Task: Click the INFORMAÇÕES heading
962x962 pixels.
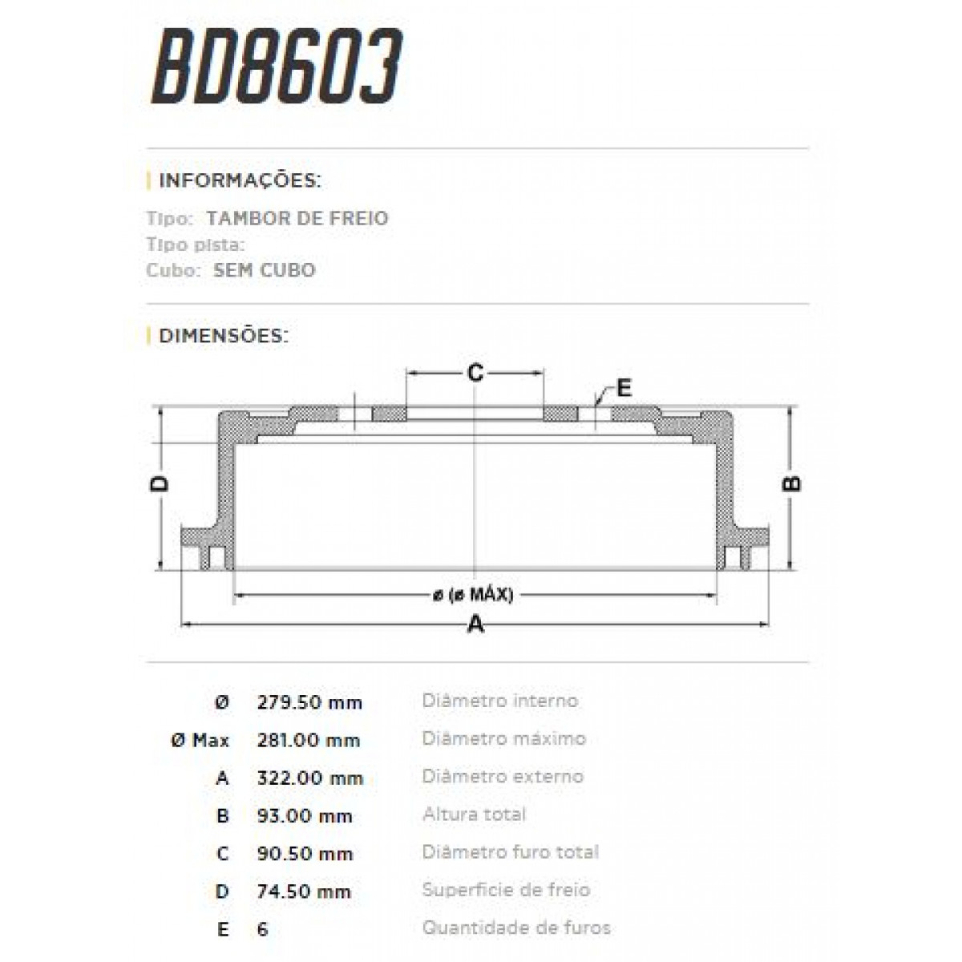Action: click(x=240, y=180)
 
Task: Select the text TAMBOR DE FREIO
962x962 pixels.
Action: click(x=297, y=218)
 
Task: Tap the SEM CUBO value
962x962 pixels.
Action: click(x=265, y=270)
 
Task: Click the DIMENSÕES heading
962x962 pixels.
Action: click(x=223, y=335)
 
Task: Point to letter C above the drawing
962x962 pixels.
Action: click(x=475, y=373)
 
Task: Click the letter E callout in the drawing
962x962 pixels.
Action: click(x=624, y=389)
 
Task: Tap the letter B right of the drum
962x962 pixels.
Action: click(x=791, y=483)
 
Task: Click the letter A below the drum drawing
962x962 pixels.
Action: click(x=476, y=624)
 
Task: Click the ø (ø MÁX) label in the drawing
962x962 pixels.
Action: click(x=473, y=595)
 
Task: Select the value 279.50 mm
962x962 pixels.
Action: click(x=309, y=703)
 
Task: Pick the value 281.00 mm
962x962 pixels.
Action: click(x=308, y=741)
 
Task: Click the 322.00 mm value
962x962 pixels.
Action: click(x=309, y=778)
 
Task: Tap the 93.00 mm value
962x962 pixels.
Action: click(x=305, y=816)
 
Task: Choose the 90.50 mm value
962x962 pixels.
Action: click(x=305, y=854)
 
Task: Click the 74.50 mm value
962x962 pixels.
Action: click(x=304, y=891)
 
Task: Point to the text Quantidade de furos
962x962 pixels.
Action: click(x=516, y=928)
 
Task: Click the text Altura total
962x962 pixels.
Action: click(x=474, y=814)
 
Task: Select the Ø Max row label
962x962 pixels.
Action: click(x=200, y=741)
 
